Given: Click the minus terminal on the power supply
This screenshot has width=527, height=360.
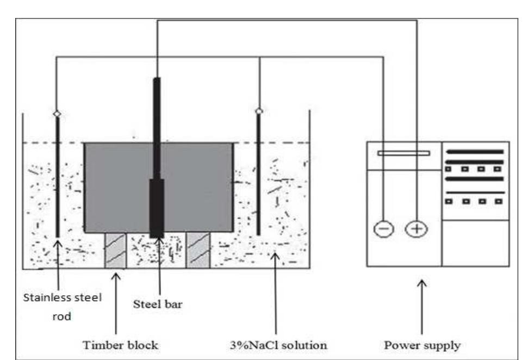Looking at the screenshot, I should click(x=384, y=229).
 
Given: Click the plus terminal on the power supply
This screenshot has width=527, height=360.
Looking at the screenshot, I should click(x=417, y=229).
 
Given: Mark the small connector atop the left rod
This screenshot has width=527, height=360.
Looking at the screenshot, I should click(x=57, y=114).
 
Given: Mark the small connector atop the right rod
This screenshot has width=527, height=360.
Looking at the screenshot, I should click(x=259, y=111).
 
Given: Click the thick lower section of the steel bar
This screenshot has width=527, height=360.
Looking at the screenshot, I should click(x=157, y=207).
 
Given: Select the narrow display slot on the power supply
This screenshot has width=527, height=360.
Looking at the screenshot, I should click(x=404, y=153).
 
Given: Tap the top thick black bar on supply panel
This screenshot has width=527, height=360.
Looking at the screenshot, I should click(x=474, y=151).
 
